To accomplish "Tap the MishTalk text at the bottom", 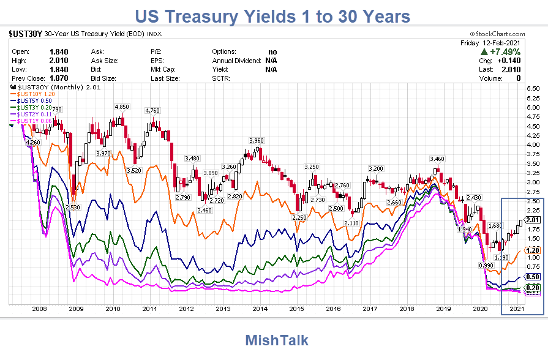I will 277,340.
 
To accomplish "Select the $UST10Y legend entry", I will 37,94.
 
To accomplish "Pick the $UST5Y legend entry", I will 35,100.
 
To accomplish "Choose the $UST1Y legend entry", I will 35,121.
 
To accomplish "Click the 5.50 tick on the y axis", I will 533,89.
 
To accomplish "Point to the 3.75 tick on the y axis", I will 533,154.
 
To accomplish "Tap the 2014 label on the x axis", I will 260,309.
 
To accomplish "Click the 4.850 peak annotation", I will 122,107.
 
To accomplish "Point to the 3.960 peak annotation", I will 256,141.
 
